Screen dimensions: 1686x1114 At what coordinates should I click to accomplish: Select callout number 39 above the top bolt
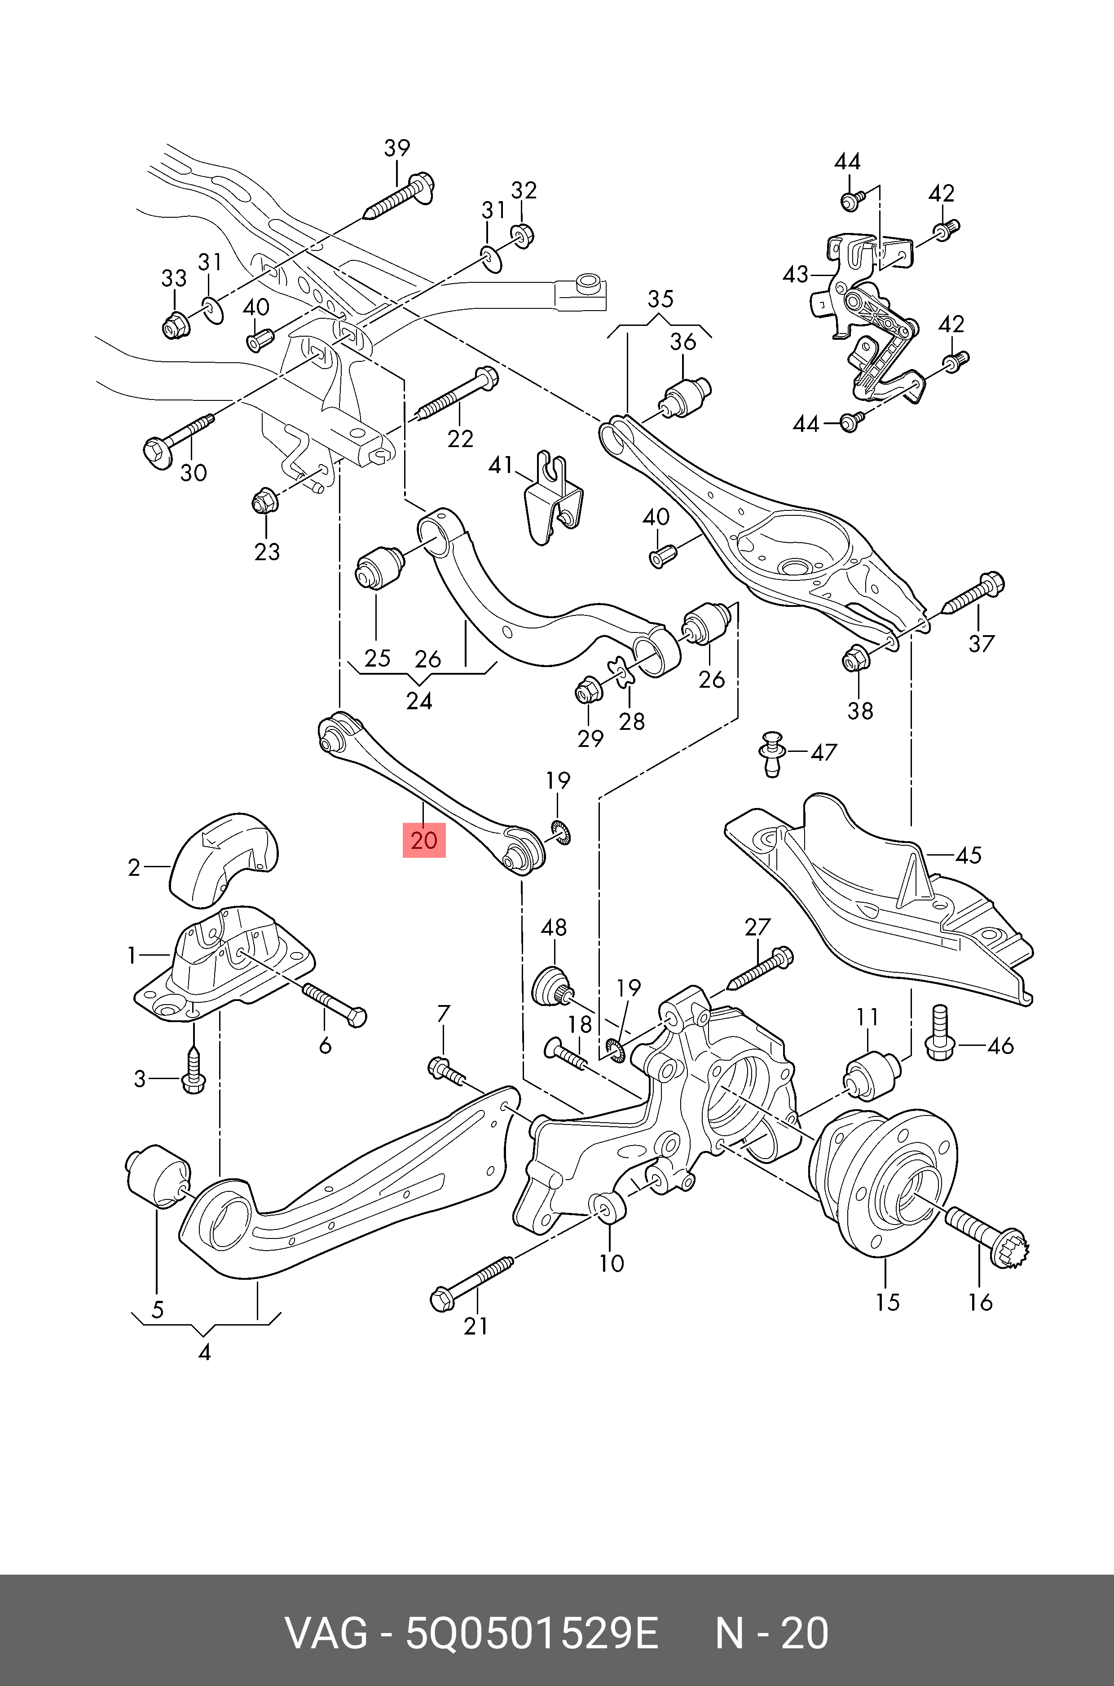tap(397, 149)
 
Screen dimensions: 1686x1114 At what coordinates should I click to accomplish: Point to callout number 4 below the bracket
tap(205, 1352)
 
